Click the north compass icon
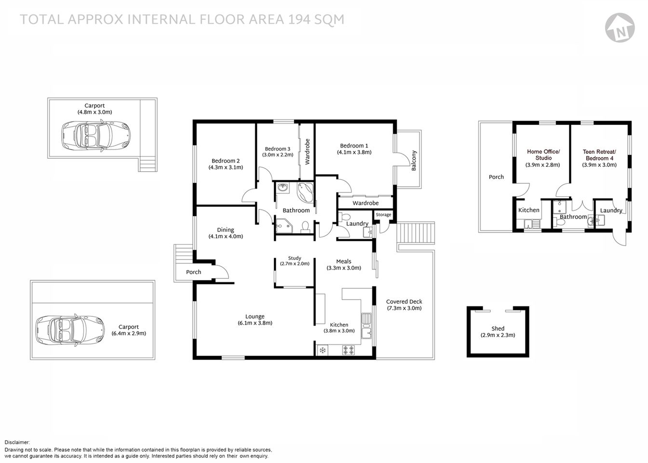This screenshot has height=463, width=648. (x=619, y=26)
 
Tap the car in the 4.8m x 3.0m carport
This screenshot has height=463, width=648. (x=96, y=135)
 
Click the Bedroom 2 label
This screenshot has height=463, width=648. (x=225, y=161)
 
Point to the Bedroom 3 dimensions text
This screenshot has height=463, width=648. (x=277, y=155)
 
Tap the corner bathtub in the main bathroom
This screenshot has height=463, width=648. (x=306, y=192)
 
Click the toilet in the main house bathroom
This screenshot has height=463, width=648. (x=305, y=227)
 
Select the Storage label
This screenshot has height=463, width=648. (x=383, y=215)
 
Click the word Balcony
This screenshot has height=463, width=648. (x=413, y=161)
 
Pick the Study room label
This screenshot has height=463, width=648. (x=295, y=258)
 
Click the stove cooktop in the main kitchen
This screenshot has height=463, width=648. (x=348, y=350)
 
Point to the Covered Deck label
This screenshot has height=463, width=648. (x=404, y=301)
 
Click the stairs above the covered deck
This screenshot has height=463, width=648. (x=416, y=233)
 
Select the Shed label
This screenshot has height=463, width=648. (x=498, y=328)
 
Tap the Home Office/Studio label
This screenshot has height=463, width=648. (x=543, y=154)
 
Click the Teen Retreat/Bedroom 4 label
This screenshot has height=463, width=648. (x=599, y=154)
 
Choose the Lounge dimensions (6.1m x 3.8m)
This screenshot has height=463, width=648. (x=255, y=323)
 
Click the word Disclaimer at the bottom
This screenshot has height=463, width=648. (x=17, y=442)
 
